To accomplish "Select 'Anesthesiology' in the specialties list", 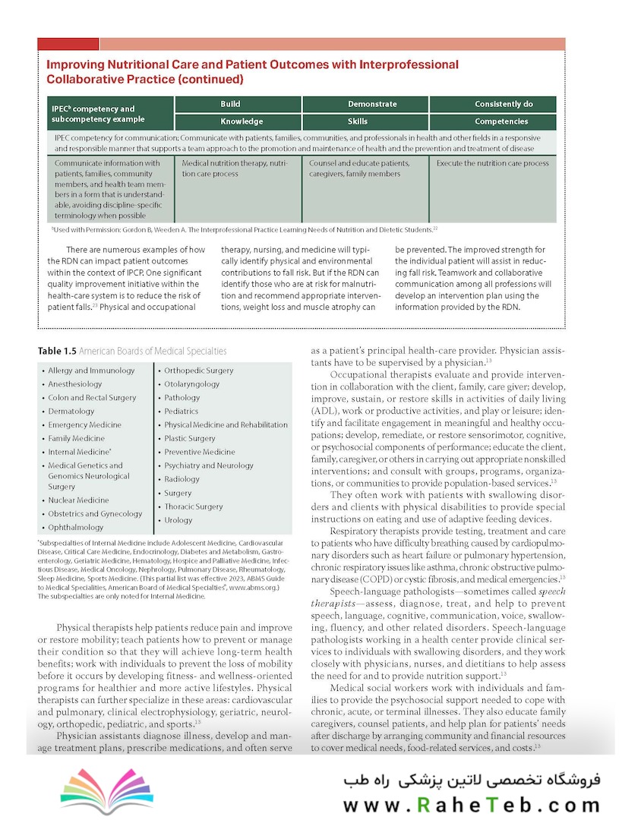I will (75, 384).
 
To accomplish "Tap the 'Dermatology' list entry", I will (71, 412).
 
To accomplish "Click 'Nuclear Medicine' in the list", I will (79, 500).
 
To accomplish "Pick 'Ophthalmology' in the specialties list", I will (76, 528).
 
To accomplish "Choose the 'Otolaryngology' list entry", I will (192, 384).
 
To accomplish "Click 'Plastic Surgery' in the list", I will (190, 439).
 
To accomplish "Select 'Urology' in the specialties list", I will (178, 521).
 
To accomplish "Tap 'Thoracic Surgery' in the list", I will (194, 507).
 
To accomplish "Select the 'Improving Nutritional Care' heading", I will (252, 71).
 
